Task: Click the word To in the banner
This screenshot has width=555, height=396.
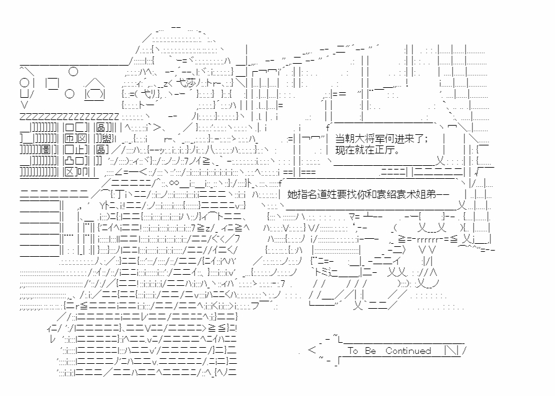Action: click(x=353, y=351)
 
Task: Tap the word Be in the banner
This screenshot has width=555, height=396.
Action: click(x=370, y=351)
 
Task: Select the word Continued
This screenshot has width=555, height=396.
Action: click(x=408, y=351)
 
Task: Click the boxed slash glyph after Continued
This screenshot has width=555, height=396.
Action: click(x=451, y=351)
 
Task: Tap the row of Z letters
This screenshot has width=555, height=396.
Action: click(x=69, y=116)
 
